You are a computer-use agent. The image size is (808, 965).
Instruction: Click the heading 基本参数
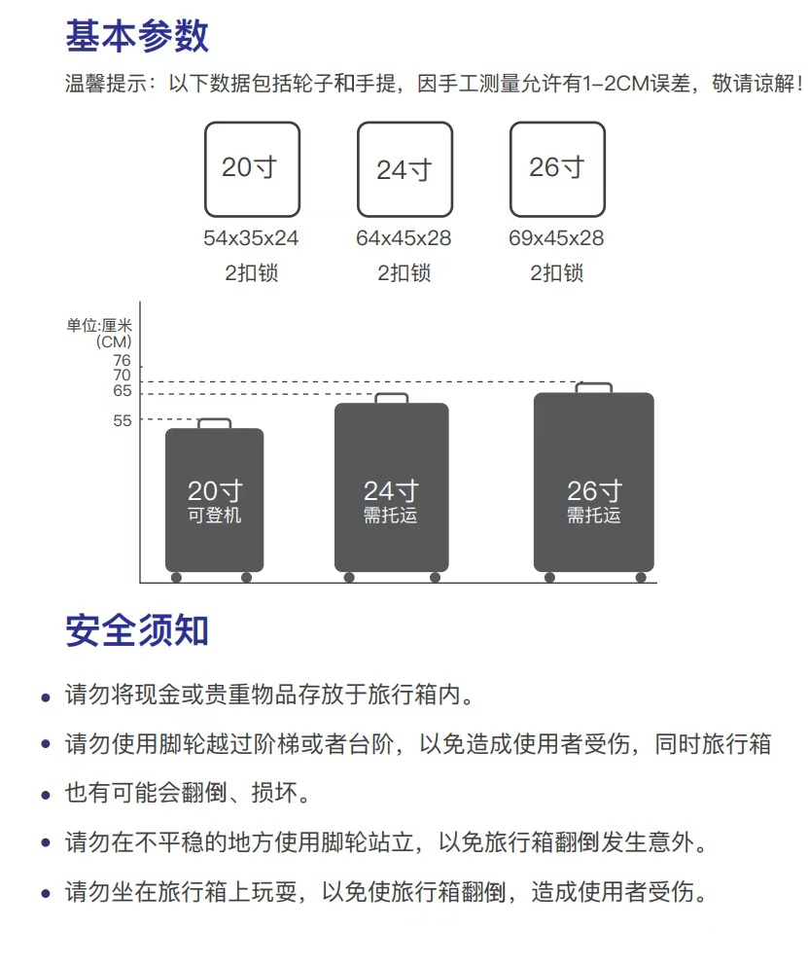pos(137,36)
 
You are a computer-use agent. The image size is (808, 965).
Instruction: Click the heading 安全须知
pos(137,630)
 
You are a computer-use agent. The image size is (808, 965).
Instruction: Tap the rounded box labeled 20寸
pos(252,168)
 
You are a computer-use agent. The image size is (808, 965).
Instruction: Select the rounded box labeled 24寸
pos(404,168)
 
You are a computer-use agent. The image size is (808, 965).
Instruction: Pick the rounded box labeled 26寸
pos(557,168)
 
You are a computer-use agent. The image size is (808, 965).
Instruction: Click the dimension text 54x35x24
pos(251,238)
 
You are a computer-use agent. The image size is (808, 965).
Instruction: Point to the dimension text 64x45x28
pos(404,238)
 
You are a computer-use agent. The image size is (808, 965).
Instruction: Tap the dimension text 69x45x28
pos(556,238)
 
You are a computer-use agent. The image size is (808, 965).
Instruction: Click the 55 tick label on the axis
pos(123,420)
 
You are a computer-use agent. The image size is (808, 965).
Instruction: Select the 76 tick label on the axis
pos(123,361)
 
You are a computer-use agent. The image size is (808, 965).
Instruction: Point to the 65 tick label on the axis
pos(123,391)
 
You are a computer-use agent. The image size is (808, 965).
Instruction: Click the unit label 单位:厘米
pos(99,326)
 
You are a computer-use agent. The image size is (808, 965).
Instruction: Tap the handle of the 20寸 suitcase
pos(215,422)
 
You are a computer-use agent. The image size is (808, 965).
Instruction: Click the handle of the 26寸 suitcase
pos(593,386)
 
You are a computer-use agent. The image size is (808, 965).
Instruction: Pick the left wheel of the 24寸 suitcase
pos(349,578)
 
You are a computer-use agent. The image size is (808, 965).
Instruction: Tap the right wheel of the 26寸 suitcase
pos(641,578)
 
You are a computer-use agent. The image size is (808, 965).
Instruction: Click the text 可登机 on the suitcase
pos(215,516)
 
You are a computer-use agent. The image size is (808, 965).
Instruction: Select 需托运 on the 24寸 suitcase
pos(391,516)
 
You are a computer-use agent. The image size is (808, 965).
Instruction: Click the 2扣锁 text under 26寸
pos(556,273)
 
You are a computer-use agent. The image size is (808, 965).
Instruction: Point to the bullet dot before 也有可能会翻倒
pos(46,796)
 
